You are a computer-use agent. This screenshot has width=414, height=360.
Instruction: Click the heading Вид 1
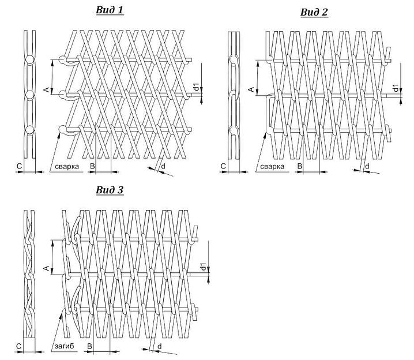point(110,10)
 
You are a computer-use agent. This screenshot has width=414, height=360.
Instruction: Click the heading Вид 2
point(314,12)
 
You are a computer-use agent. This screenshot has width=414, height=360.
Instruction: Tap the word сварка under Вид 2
point(272,167)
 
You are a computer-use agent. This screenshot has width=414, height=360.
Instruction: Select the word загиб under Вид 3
point(63,346)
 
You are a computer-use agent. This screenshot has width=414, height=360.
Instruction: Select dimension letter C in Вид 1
point(19,167)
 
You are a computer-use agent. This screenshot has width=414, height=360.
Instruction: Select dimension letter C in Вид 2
point(223,167)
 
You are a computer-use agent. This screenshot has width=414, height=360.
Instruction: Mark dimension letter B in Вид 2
point(299,167)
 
